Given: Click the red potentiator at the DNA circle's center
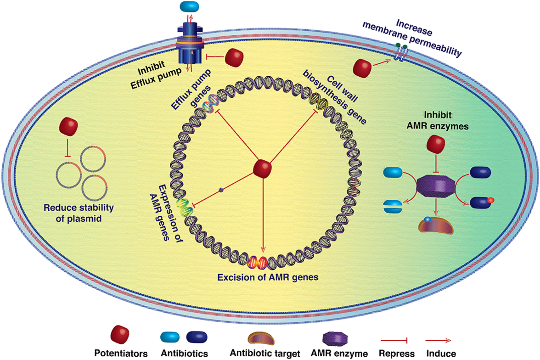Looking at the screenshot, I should click(x=263, y=167).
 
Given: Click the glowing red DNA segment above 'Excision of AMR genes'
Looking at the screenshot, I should click(x=258, y=263).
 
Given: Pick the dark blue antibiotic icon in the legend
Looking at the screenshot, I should click(x=197, y=337).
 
